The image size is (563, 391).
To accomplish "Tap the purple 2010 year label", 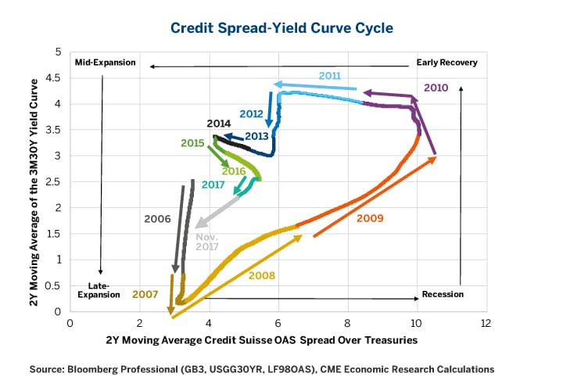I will click(x=436, y=88).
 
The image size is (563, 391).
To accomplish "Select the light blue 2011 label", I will click(x=330, y=75).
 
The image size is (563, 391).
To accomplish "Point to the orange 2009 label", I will click(x=369, y=218).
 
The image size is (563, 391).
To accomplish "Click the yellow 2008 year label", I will click(x=261, y=275).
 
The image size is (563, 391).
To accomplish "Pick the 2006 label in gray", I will click(x=157, y=219).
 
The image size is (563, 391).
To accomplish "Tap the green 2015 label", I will click(x=192, y=143).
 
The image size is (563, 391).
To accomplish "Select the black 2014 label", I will click(x=219, y=124).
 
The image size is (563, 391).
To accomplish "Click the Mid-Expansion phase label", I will click(x=105, y=63).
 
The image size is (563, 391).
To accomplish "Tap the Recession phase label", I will click(x=443, y=294).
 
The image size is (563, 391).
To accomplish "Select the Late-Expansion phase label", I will click(x=99, y=290).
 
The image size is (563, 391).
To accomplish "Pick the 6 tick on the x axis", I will click(x=278, y=322).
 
